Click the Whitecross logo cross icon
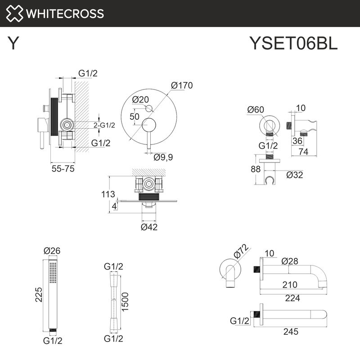(14, 13)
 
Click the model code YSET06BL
(293, 44)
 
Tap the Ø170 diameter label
(182, 85)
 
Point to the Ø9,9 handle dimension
(163, 157)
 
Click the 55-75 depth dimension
(62, 169)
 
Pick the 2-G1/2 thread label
(104, 125)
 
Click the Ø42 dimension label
(149, 227)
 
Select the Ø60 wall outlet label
(256, 109)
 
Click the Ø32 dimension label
(294, 174)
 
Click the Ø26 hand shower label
(52, 251)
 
